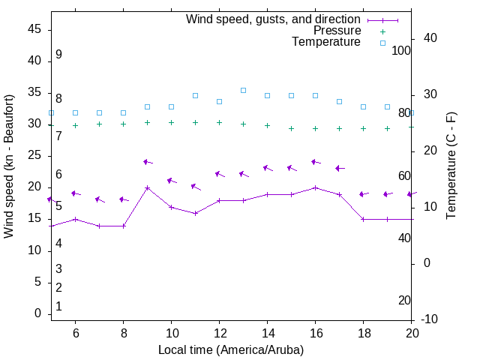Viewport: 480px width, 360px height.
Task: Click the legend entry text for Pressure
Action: click(337, 31)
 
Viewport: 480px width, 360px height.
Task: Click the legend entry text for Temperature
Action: click(326, 42)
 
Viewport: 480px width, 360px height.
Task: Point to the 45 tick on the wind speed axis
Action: click(35, 28)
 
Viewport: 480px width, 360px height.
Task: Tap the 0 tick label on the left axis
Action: click(38, 313)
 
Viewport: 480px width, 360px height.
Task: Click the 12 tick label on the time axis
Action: click(219, 333)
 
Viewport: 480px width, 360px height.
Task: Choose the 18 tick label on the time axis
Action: click(363, 333)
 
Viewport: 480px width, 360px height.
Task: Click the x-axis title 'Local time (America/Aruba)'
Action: click(231, 349)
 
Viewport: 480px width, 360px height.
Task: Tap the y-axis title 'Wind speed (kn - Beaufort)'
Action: click(10, 166)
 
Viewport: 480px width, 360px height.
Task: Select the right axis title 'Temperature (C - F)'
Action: click(451, 166)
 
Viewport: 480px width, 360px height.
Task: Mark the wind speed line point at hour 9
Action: click(147, 187)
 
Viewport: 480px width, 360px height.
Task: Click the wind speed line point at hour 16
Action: click(315, 187)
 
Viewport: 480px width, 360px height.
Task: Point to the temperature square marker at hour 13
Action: click(243, 90)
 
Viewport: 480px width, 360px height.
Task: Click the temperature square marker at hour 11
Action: click(195, 95)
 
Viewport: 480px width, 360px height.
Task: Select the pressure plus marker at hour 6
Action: click(75, 125)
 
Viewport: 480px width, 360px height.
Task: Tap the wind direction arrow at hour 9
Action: click(148, 161)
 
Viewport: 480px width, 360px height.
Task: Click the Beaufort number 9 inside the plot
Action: click(58, 55)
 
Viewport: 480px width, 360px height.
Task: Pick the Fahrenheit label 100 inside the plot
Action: click(401, 50)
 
